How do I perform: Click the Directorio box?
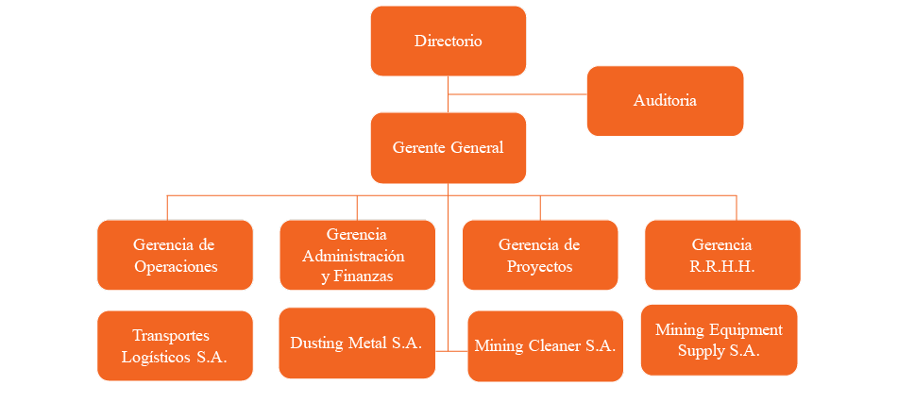[448, 41]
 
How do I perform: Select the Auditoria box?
[665, 100]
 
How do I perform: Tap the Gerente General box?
[448, 147]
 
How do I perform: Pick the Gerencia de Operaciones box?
[175, 255]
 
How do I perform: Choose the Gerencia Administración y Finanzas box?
[357, 255]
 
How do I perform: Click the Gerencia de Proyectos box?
[539, 255]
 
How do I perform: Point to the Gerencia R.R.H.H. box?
[722, 255]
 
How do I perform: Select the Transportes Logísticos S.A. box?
[175, 345]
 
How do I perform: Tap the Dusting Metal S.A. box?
[357, 343]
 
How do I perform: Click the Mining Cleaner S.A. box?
[545, 345]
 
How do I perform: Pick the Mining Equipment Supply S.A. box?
[719, 340]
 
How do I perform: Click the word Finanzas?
[364, 276]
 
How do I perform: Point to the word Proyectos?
[539, 266]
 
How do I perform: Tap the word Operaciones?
[176, 266]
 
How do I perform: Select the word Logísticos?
[158, 357]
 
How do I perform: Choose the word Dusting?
[316, 343]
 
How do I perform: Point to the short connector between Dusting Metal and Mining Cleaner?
[451, 350]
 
